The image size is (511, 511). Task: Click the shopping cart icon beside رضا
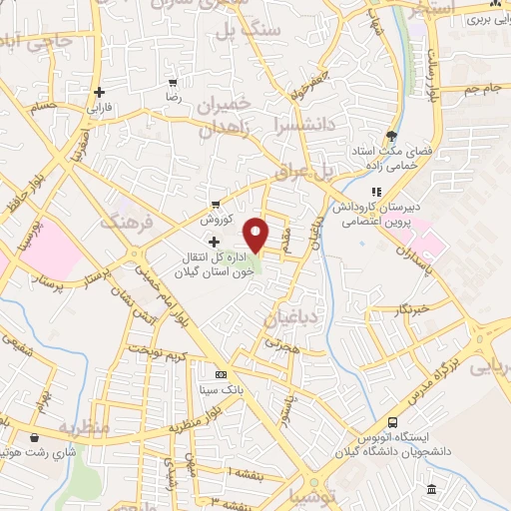pyautogui.click(x=173, y=83)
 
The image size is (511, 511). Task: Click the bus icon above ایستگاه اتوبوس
pyautogui.click(x=392, y=422)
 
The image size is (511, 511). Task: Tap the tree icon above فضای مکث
pyautogui.click(x=391, y=137)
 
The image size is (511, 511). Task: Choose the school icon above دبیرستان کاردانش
pyautogui.click(x=376, y=191)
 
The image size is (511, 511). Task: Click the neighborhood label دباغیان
pyautogui.click(x=289, y=318)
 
